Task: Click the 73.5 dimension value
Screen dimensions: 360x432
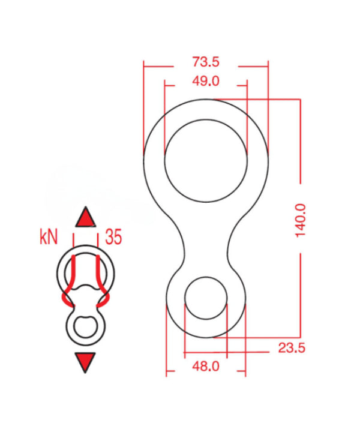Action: [x=206, y=62]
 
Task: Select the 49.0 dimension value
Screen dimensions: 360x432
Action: [x=206, y=81]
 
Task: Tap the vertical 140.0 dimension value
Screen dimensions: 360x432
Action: [x=300, y=220]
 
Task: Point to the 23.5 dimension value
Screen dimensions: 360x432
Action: [x=292, y=348]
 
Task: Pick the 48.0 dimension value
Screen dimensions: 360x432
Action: [x=206, y=367]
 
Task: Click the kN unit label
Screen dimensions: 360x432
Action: [x=49, y=237]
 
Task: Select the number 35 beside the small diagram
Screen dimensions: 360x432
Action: [x=113, y=237]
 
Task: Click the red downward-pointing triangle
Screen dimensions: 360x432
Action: [x=85, y=361]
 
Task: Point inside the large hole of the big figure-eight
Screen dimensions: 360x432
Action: [x=206, y=161]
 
